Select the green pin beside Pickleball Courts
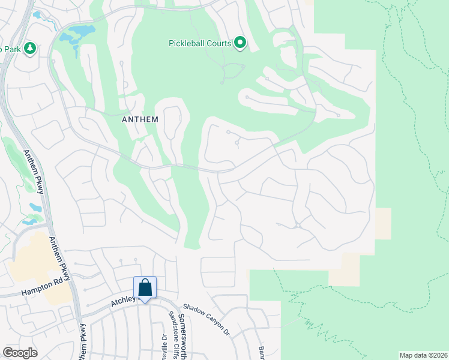pos(240,43)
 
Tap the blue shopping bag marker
pos(145,287)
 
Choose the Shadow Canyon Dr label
pos(207,319)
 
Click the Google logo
pos(20,353)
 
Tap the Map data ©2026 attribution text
pos(423,355)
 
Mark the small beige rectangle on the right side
pos(383,223)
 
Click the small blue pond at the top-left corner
pos(37,14)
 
